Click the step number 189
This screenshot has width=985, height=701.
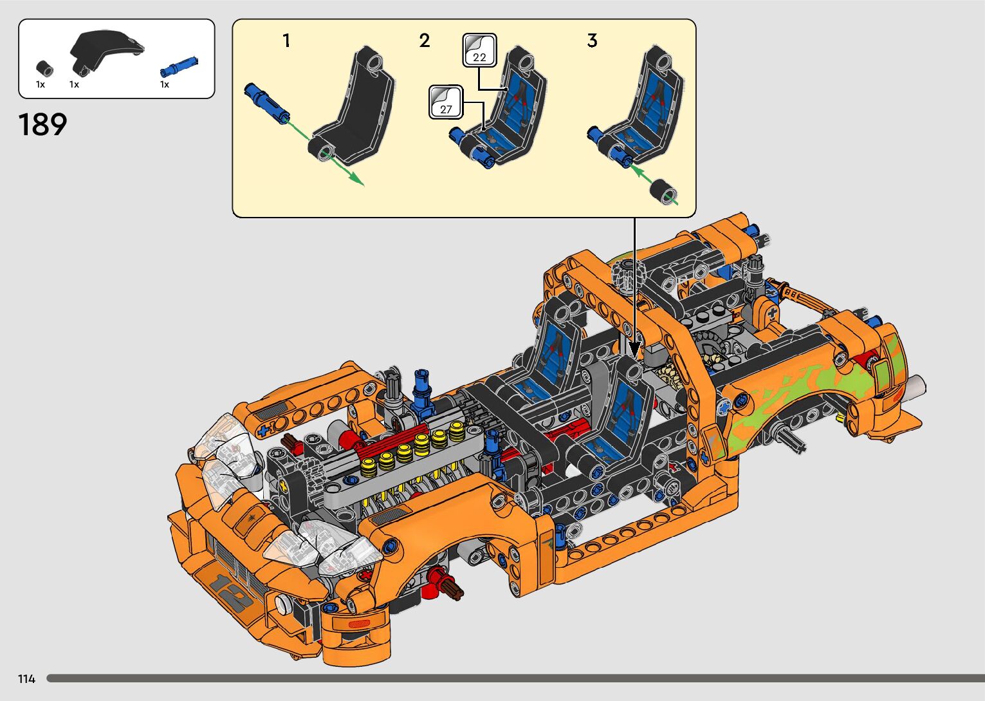[42, 124]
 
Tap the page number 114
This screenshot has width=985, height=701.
[26, 679]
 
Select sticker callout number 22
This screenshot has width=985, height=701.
[479, 51]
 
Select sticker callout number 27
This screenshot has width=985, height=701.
[446, 102]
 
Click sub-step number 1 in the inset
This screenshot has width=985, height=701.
[286, 41]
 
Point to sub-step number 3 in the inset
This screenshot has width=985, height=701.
[592, 41]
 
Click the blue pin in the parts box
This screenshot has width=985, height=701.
[180, 67]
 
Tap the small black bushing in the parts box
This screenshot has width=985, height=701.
[44, 68]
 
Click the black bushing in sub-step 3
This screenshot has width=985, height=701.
[663, 192]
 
